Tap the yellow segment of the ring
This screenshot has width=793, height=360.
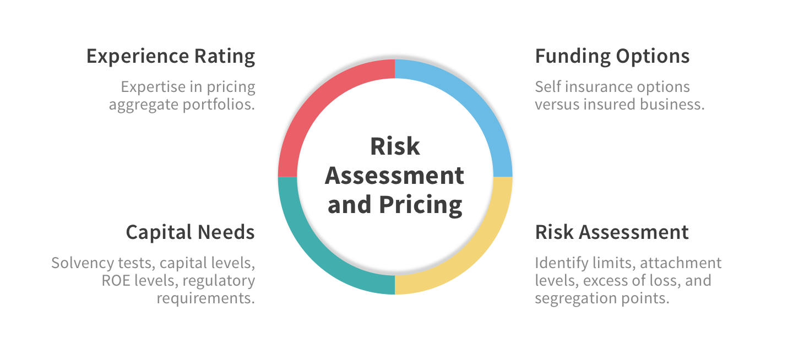[471, 250]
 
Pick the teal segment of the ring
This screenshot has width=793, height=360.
[319, 250]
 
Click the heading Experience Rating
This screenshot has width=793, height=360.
[171, 57]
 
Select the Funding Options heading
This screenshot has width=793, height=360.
[612, 57]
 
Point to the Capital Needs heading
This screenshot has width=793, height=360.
[190, 232]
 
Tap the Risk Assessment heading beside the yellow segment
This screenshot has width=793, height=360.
[612, 232]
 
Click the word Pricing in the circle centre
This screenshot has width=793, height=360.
[420, 205]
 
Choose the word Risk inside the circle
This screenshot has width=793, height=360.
[395, 147]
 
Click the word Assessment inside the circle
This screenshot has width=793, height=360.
[395, 176]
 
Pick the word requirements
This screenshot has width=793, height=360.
[206, 298]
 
